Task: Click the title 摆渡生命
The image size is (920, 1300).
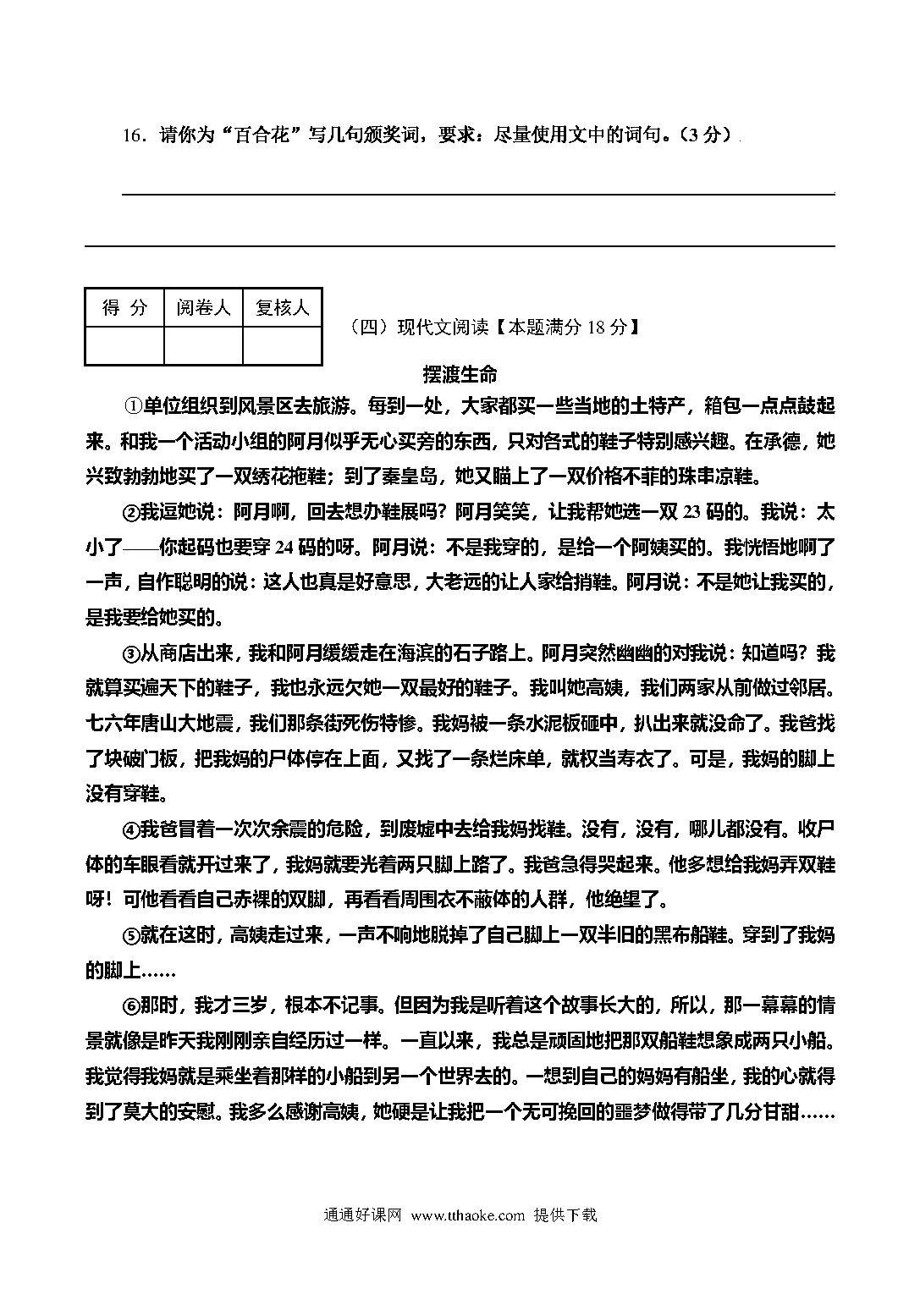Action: (460, 374)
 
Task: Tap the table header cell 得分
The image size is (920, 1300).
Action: (124, 308)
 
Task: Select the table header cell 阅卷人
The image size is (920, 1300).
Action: (203, 308)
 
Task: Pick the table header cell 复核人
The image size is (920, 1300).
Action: (282, 308)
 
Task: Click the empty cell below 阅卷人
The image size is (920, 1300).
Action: (203, 346)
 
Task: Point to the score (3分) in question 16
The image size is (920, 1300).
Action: (703, 135)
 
